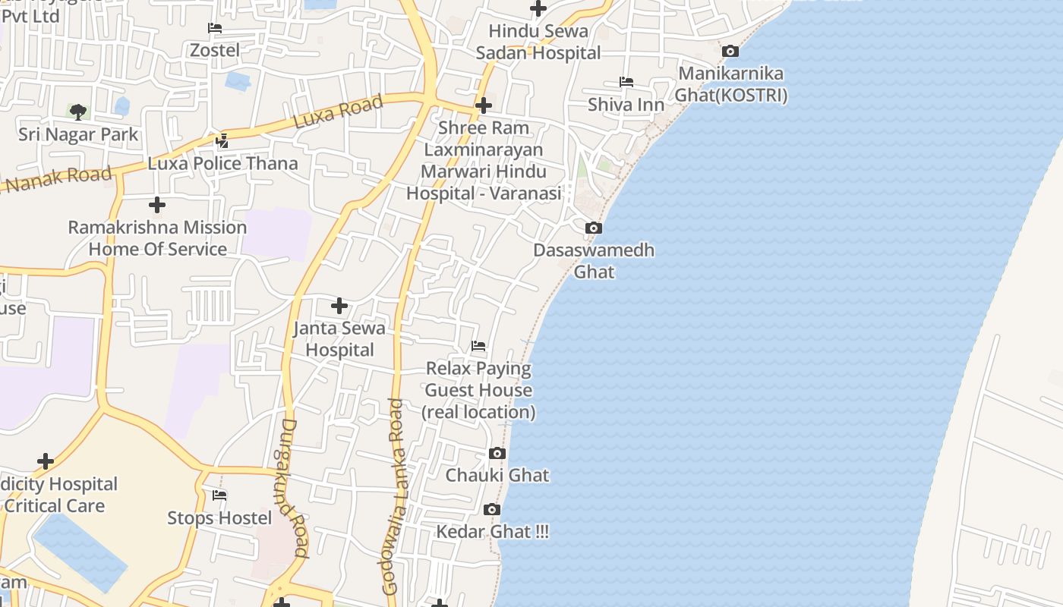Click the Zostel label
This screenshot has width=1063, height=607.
tap(214, 51)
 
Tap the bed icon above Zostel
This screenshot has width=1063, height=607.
tap(215, 28)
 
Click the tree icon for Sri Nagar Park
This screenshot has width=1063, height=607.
tap(77, 112)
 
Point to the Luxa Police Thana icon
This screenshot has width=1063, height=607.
tap(222, 140)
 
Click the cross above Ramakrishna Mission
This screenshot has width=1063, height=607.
tap(157, 205)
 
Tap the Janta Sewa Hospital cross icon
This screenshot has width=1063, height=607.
tap(339, 306)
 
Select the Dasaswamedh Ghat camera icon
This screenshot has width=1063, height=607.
tap(594, 228)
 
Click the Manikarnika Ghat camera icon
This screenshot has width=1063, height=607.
tap(730, 52)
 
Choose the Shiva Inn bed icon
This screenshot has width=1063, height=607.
tap(626, 82)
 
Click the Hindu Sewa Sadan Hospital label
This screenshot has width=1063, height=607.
tap(538, 42)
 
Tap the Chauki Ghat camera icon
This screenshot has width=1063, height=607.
tap(497, 454)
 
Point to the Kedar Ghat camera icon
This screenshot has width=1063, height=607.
tap(492, 509)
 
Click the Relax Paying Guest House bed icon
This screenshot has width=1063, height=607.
tap(478, 346)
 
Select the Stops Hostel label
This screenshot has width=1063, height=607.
tap(219, 518)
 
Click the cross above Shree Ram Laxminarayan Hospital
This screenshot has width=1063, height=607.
tap(484, 105)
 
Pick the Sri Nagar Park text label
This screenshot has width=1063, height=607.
tap(78, 135)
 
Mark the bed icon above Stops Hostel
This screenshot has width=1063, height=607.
tap(219, 495)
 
